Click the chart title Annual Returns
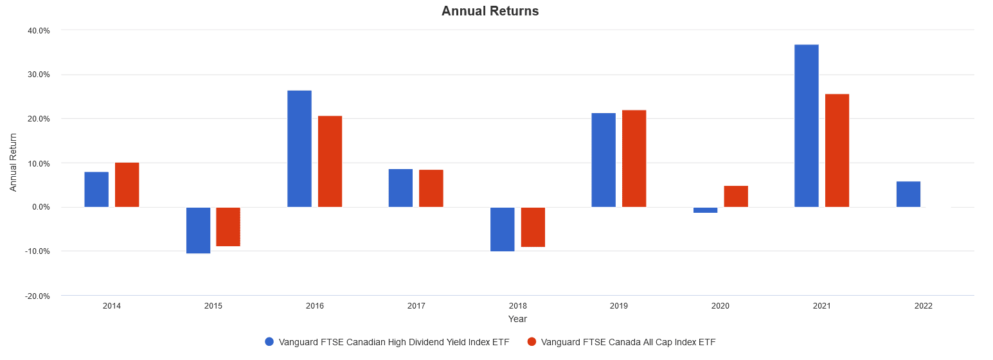(x=490, y=11)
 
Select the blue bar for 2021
(x=807, y=125)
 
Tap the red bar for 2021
(x=837, y=150)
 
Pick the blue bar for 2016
(x=300, y=148)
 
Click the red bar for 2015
(x=228, y=227)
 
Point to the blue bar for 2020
(x=705, y=210)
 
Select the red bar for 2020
(x=736, y=196)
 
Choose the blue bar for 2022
(x=908, y=194)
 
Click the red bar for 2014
(x=127, y=184)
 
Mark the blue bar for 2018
(x=503, y=229)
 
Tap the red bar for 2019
(x=634, y=158)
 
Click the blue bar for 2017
(x=400, y=188)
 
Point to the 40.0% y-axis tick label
(x=39, y=30)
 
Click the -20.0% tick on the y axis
(x=38, y=296)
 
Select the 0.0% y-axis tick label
(x=40, y=207)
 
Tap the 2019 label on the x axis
(x=619, y=306)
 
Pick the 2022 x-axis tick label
(x=923, y=306)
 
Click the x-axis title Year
(x=517, y=319)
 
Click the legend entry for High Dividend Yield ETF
(x=387, y=342)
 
